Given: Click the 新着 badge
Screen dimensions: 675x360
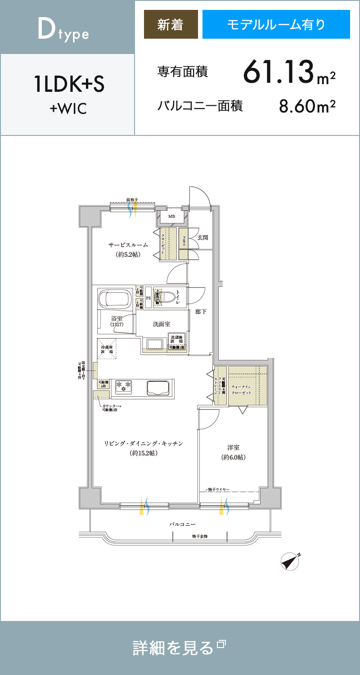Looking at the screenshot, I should tap(171, 24).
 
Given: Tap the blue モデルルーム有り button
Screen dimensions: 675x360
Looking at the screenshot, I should tap(276, 24).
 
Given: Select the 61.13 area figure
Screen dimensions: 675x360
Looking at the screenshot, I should tap(278, 72).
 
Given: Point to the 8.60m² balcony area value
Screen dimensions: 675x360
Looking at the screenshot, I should tap(307, 107).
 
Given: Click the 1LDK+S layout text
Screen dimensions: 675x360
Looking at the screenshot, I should tap(69, 85).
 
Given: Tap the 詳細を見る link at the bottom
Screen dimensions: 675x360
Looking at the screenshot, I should tap(179, 648).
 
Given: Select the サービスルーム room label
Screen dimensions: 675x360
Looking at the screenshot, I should tap(128, 245).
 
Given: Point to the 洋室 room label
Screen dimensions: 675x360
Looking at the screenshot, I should tap(233, 448).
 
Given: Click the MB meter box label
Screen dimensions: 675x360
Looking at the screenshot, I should tap(171, 216).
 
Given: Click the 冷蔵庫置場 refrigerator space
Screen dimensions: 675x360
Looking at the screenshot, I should tap(108, 348).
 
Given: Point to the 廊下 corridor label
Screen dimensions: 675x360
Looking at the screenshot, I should tap(201, 311).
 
